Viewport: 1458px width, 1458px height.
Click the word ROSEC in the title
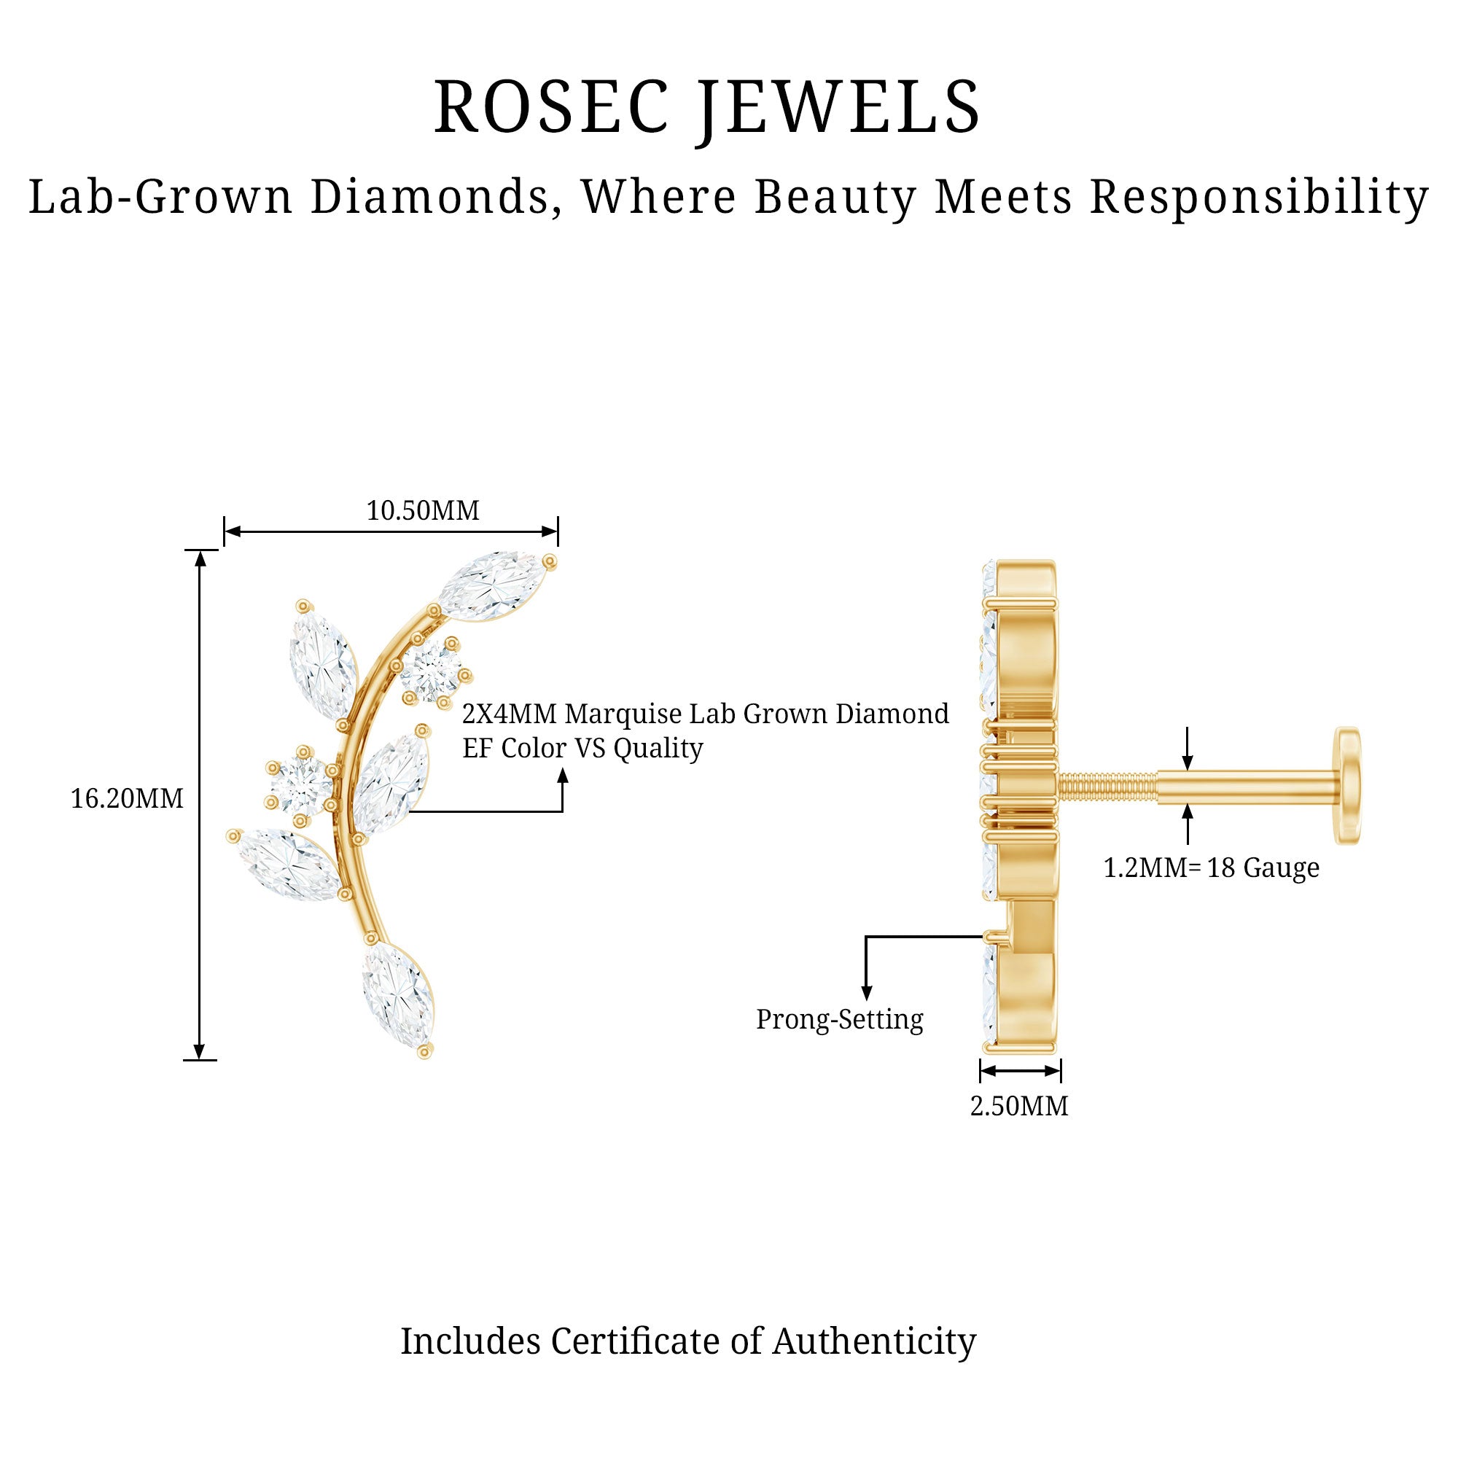pos(551,107)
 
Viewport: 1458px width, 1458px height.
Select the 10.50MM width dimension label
pos(423,511)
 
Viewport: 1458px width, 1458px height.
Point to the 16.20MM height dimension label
pos(127,798)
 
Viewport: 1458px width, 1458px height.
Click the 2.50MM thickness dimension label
pos(1019,1107)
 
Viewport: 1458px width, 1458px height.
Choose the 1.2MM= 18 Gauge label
pos(1211,868)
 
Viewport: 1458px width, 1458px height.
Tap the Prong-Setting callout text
pos(839,1020)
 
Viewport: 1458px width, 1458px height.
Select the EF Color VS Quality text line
pos(582,749)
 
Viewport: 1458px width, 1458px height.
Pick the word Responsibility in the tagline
pos(1259,198)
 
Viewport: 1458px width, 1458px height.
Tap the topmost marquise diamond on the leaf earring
pos(492,585)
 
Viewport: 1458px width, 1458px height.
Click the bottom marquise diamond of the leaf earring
pos(398,994)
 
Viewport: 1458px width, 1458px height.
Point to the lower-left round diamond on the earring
pos(301,785)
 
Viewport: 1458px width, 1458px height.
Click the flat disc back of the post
pos(1348,785)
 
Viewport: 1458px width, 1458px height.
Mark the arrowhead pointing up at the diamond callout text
pos(562,776)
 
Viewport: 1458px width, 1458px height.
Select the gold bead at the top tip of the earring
pos(550,561)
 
